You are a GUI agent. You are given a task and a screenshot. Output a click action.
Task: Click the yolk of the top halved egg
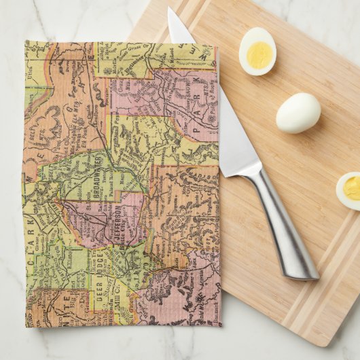click(259, 54)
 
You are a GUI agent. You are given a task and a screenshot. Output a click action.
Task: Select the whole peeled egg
click(298, 112)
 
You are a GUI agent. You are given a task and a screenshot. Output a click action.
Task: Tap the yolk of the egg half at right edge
click(352, 188)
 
